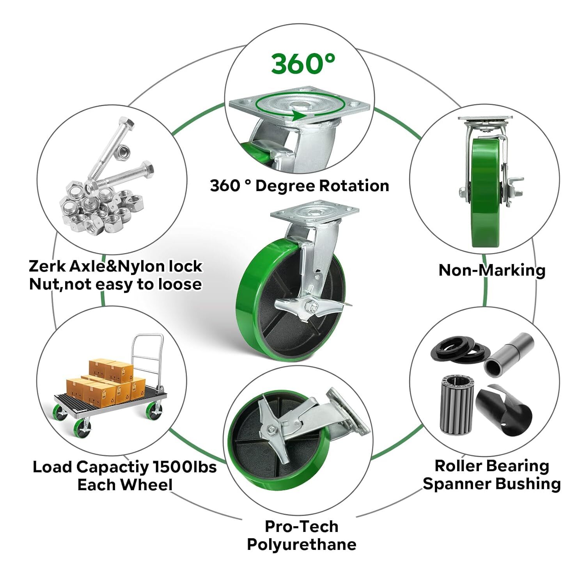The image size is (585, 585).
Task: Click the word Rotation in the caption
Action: pos(354,186)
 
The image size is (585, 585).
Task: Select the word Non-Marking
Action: pos(492,270)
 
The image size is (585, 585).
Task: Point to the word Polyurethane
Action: pos(301,544)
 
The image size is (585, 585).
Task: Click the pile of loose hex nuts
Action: pos(101,207)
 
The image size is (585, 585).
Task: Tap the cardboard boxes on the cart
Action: pos(105,382)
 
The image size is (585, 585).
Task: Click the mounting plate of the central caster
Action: pos(314,213)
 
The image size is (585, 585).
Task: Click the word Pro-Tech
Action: pos(301,526)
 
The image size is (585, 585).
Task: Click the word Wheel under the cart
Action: pos(146,484)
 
